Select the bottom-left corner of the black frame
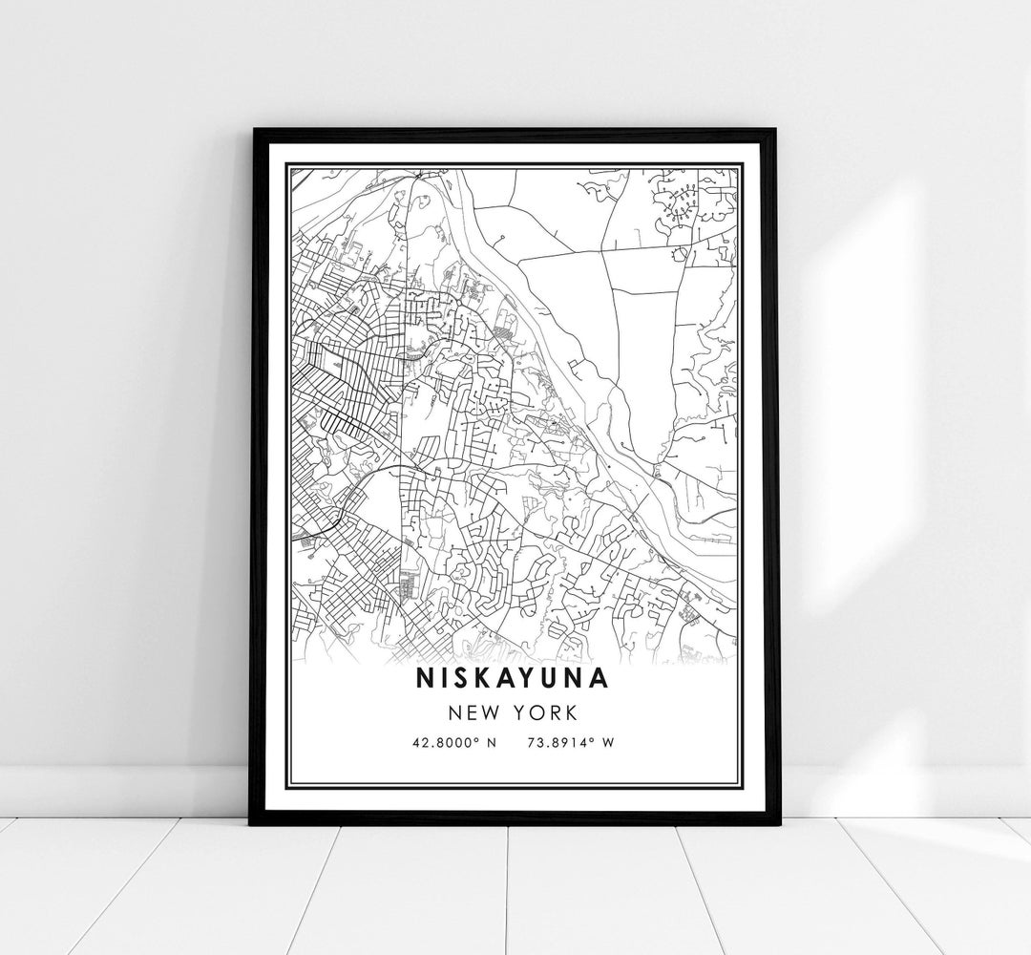(252, 822)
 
